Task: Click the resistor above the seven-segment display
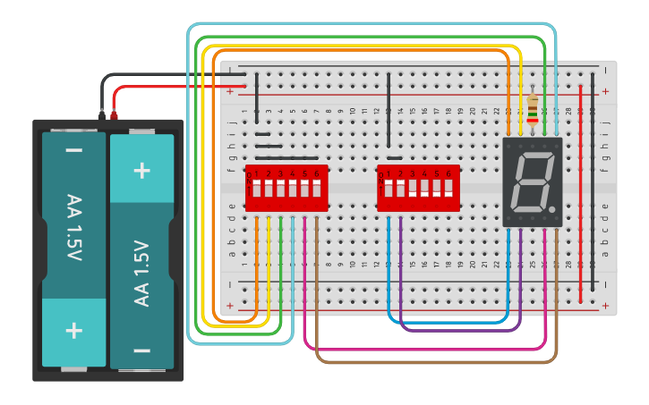point(533,110)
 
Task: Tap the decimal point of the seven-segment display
point(552,209)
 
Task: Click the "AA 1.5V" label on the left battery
point(73,227)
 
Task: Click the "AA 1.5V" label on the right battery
point(142,273)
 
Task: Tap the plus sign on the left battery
point(73,331)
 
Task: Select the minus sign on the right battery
point(142,350)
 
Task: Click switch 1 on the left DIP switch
point(256,189)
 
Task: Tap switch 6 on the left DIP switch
point(316,189)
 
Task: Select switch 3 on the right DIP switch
point(413,189)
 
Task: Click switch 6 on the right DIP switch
point(448,189)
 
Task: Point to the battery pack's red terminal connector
point(114,114)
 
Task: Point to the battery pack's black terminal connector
point(102,114)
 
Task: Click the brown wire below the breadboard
point(430,362)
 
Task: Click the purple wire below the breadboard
point(457,330)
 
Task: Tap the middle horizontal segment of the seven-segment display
point(532,181)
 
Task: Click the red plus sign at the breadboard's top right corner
point(605,91)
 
